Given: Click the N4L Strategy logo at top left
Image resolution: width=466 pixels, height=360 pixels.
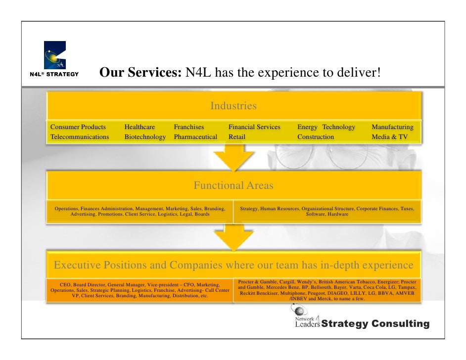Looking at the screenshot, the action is (54, 58).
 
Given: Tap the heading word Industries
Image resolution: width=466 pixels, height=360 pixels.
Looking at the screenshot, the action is (233, 106).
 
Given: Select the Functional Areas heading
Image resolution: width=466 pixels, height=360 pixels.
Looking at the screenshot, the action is (233, 186).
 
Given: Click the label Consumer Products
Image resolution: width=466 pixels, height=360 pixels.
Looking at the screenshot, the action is (78, 127).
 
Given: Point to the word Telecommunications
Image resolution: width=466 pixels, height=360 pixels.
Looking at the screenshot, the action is (80, 137).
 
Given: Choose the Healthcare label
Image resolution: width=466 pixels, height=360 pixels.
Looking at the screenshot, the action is (140, 127).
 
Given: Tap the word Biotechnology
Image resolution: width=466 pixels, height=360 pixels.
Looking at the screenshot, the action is (145, 137).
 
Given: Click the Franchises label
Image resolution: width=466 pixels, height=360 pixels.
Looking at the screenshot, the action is (189, 127).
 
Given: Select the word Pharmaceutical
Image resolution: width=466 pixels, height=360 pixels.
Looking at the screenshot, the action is (195, 137).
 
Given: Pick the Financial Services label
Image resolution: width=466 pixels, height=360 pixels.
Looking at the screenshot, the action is (254, 127).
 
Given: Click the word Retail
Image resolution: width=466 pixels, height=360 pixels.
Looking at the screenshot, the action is (237, 137).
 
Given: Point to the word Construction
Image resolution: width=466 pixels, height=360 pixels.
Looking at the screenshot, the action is (316, 137).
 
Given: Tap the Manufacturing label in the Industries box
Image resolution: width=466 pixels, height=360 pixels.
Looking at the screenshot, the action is (392, 127).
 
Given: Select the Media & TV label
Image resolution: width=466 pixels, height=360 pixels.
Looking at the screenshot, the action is (390, 137).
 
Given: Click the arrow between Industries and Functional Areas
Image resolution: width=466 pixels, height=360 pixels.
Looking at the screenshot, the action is (233, 157).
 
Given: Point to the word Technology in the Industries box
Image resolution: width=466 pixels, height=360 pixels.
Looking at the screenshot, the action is (339, 127).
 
